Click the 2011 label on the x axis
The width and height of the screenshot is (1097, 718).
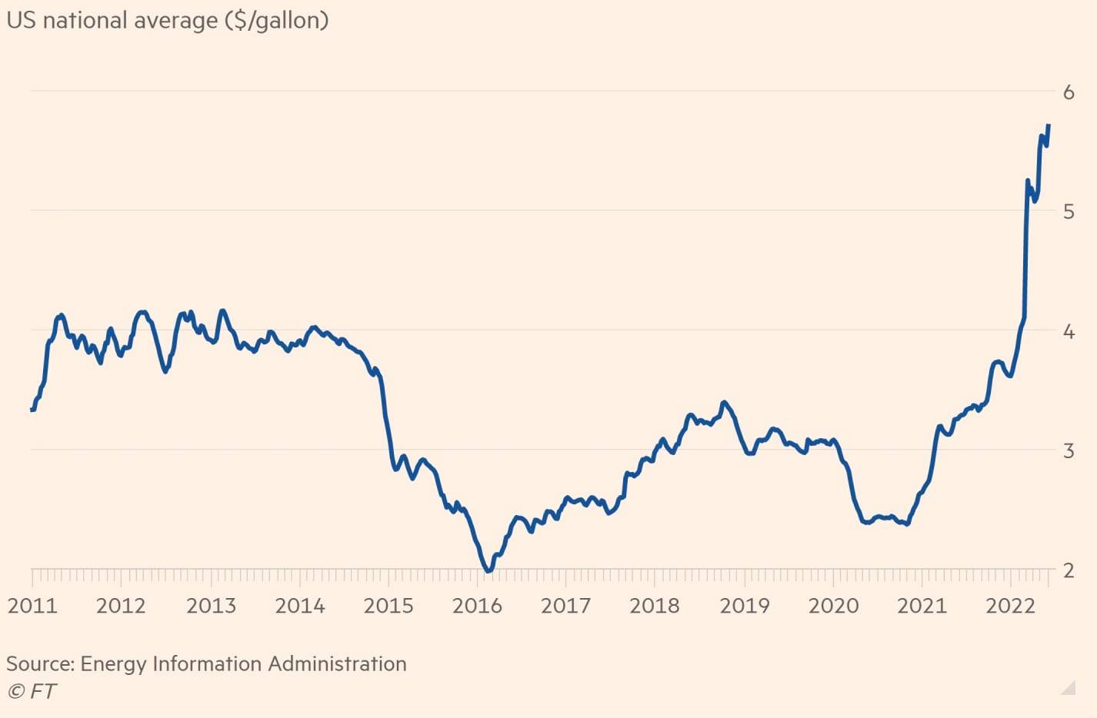point(32,606)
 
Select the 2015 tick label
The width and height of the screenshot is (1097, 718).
point(388,606)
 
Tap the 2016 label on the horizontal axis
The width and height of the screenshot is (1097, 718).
point(477,606)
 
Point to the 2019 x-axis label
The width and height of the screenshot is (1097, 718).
point(744,606)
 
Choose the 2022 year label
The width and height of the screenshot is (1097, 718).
point(1011,606)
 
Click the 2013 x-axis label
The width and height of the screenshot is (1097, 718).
point(211,606)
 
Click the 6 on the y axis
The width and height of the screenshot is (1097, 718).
point(1069,92)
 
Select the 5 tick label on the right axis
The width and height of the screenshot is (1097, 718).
point(1069,211)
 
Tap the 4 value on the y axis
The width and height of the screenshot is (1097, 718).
point(1069,331)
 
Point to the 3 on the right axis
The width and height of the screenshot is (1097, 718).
point(1069,450)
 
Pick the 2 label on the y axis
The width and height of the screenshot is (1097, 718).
point(1069,570)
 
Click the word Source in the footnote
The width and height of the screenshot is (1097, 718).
point(39,663)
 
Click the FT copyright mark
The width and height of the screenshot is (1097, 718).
point(32,691)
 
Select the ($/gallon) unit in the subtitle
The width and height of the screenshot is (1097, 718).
point(276,20)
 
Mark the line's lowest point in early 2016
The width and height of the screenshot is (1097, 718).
point(488,570)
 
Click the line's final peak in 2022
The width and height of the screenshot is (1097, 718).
point(1049,125)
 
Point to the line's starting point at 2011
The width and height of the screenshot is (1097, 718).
point(32,410)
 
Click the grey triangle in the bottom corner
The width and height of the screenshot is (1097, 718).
point(1068,687)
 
